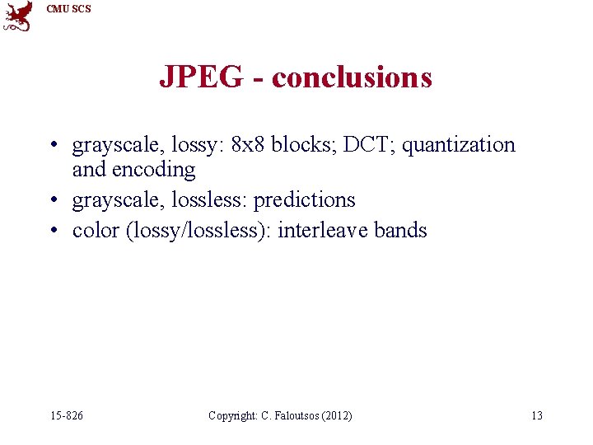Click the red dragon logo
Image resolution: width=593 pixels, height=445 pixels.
pos(18,16)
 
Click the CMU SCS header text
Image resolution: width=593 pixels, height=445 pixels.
pos(69,9)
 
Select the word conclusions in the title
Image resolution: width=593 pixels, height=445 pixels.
pos(352,77)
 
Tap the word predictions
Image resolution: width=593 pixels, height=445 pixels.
pos(304,200)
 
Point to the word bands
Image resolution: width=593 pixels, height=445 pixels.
pos(400,230)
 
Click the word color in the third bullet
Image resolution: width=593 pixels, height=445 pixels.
pos(96,230)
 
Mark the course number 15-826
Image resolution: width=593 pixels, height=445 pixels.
pos(67,415)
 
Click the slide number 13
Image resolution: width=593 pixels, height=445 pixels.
pos(536,415)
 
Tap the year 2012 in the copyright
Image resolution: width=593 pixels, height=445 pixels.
pos(336,415)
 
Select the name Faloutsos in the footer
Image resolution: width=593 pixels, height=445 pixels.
pos(292,415)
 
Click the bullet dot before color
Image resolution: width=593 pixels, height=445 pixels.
pos(53,231)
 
